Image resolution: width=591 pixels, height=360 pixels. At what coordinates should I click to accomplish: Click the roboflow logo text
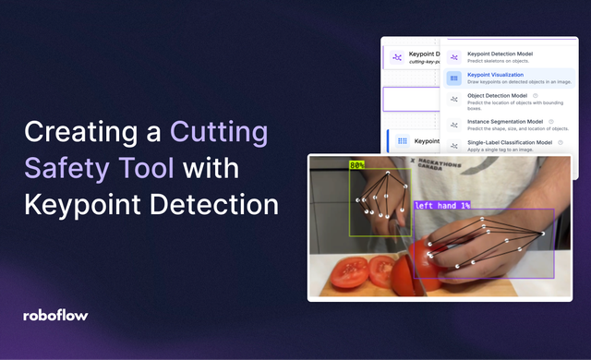pyautogui.click(x=56, y=315)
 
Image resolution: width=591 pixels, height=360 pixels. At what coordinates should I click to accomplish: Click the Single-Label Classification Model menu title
pyautogui.click(x=510, y=143)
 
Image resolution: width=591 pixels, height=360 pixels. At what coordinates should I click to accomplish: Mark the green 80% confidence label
pyautogui.click(x=357, y=166)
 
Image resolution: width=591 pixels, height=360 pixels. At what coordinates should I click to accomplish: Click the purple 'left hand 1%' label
pyautogui.click(x=442, y=205)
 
